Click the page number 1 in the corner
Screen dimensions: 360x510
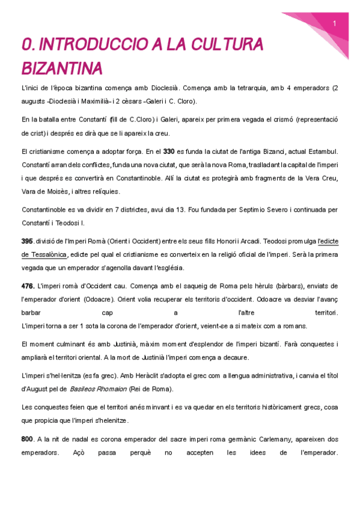click(334, 23)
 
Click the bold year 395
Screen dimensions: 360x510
click(27, 241)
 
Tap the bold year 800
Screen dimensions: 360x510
click(27, 439)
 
